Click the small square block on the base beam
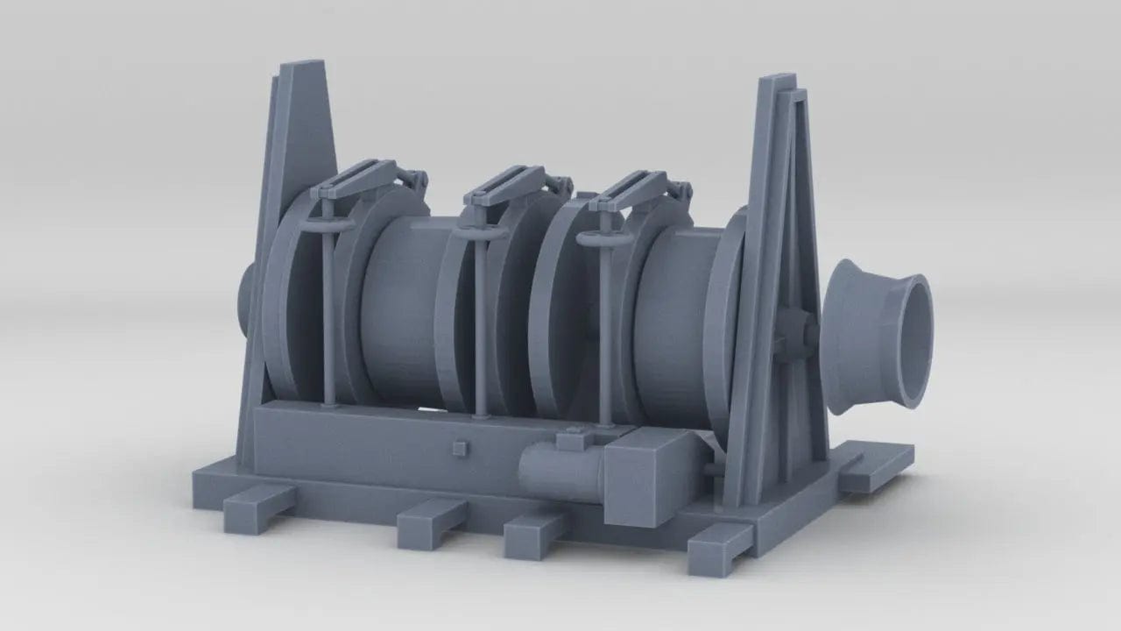coord(459,449)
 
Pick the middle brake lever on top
coord(504,183)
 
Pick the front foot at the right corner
coord(718,547)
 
